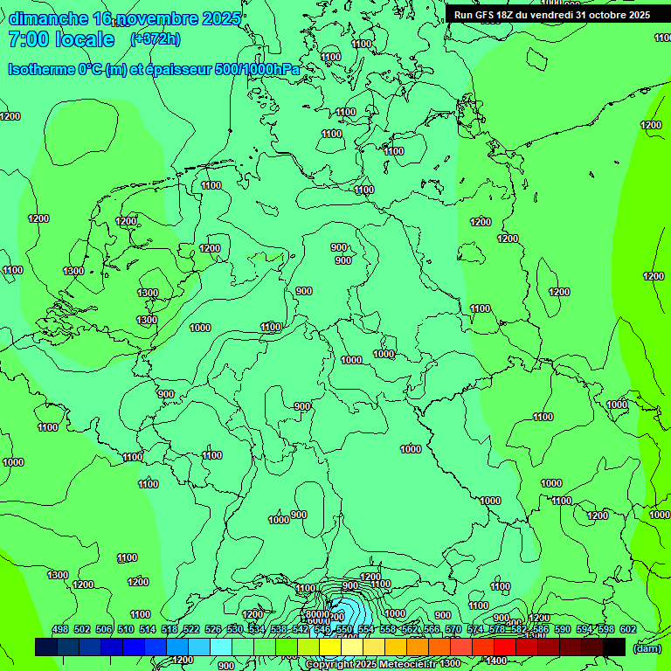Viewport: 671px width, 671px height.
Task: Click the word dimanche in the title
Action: pyautogui.click(x=48, y=19)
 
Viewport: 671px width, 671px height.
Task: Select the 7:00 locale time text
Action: pyautogui.click(x=61, y=39)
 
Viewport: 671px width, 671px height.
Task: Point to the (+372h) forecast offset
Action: pyautogui.click(x=155, y=39)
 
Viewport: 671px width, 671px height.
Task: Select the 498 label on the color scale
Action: pyautogui.click(x=60, y=629)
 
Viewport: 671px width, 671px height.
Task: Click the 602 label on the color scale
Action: pyautogui.click(x=628, y=629)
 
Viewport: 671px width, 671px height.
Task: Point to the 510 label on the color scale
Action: pyautogui.click(x=126, y=629)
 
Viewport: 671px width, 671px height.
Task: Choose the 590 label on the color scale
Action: pyautogui.click(x=563, y=629)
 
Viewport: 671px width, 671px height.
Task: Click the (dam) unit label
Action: pyautogui.click(x=647, y=647)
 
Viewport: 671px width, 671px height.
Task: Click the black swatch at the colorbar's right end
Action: pyautogui.click(x=614, y=647)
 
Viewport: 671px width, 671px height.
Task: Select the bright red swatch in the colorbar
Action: pyautogui.click(x=505, y=647)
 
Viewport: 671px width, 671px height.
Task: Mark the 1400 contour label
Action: pyautogui.click(x=495, y=661)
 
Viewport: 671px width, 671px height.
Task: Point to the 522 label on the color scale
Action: pyautogui.click(x=191, y=629)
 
